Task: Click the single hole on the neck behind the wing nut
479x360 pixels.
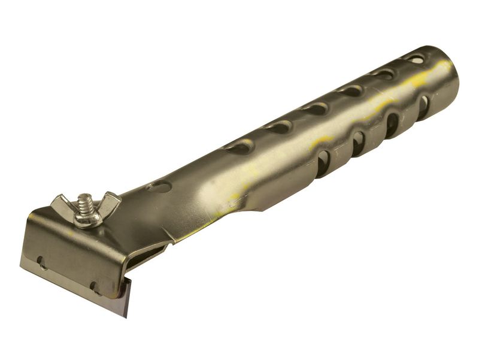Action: [159, 187]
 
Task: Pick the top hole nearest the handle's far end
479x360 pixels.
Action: [414, 59]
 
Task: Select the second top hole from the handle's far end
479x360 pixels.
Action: [384, 74]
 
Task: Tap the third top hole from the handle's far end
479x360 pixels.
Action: [350, 90]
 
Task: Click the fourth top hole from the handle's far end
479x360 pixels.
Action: [314, 109]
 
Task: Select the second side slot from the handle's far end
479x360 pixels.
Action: [392, 125]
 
